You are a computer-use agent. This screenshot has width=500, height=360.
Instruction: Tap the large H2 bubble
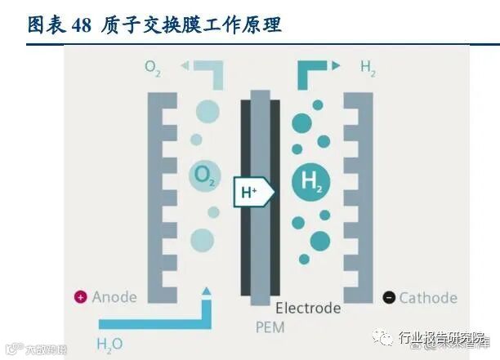tap(310, 181)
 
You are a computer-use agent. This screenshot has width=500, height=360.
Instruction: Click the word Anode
tap(115, 297)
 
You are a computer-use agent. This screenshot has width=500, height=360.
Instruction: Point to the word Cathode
tap(427, 298)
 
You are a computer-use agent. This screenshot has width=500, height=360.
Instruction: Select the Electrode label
tap(308, 309)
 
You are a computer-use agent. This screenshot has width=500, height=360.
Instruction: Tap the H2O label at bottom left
tap(109, 344)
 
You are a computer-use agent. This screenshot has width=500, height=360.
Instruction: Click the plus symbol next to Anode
tap(80, 297)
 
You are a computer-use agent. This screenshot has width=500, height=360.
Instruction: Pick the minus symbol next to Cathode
tap(388, 298)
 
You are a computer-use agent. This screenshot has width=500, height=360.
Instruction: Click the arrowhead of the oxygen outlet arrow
tap(185, 65)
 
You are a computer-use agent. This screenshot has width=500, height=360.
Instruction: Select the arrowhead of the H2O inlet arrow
tap(206, 290)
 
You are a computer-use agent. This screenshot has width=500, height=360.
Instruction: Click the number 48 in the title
tap(82, 24)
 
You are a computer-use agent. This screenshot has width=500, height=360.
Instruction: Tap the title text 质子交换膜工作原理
tap(192, 24)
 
